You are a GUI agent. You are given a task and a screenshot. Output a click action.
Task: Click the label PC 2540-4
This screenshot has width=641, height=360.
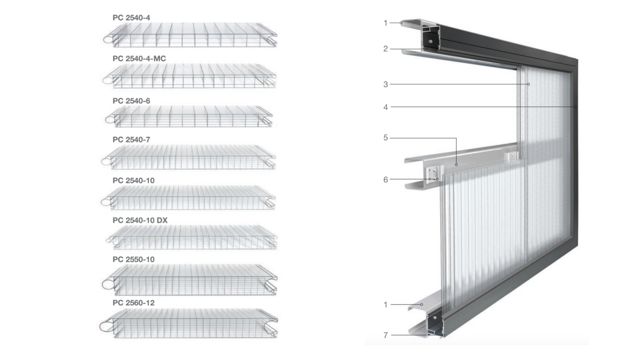click(131, 18)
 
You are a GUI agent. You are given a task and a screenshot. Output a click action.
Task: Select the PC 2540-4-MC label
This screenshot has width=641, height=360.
click(139, 59)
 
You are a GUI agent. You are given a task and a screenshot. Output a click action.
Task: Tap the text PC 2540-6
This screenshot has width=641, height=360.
click(131, 101)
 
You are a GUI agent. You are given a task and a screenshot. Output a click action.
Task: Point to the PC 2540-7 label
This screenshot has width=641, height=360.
click(131, 140)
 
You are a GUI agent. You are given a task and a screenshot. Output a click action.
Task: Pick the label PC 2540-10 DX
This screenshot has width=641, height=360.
click(140, 220)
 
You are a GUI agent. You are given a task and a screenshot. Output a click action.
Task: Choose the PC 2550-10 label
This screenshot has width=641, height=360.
click(133, 259)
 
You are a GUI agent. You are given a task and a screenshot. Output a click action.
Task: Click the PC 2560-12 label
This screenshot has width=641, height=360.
click(133, 303)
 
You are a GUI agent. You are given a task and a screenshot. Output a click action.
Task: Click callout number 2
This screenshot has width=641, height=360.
click(386, 49)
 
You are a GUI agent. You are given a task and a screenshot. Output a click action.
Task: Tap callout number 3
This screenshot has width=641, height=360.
click(386, 84)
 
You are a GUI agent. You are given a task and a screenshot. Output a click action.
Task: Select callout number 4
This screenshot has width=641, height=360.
click(386, 107)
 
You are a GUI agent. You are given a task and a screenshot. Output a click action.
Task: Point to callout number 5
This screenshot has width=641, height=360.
click(386, 138)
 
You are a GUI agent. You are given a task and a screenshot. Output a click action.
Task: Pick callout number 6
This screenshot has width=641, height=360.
click(386, 180)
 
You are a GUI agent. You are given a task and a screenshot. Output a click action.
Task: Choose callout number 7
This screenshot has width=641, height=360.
click(386, 335)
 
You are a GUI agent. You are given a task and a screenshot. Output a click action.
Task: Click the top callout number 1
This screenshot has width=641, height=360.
click(386, 23)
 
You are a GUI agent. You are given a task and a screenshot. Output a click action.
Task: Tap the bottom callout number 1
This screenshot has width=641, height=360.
click(386, 305)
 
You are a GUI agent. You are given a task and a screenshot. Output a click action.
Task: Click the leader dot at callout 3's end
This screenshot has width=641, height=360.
click(529, 84)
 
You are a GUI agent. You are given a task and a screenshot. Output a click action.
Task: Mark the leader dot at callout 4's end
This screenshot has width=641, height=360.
click(575, 107)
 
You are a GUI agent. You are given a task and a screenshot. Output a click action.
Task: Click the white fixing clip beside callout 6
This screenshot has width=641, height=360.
click(432, 174)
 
